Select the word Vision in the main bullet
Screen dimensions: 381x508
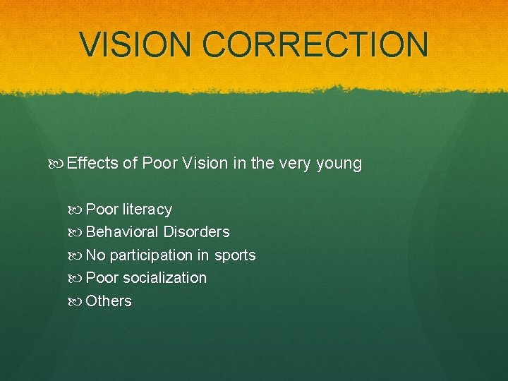(x=205, y=164)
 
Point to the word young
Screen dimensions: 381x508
(x=339, y=164)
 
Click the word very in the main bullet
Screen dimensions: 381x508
(x=295, y=164)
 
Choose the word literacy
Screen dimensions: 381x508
(x=147, y=210)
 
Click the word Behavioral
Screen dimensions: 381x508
(x=122, y=232)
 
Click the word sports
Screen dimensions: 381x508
(x=234, y=255)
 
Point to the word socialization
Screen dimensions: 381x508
(x=164, y=278)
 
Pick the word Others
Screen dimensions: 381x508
(x=109, y=301)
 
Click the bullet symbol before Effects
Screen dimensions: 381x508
(x=57, y=164)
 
